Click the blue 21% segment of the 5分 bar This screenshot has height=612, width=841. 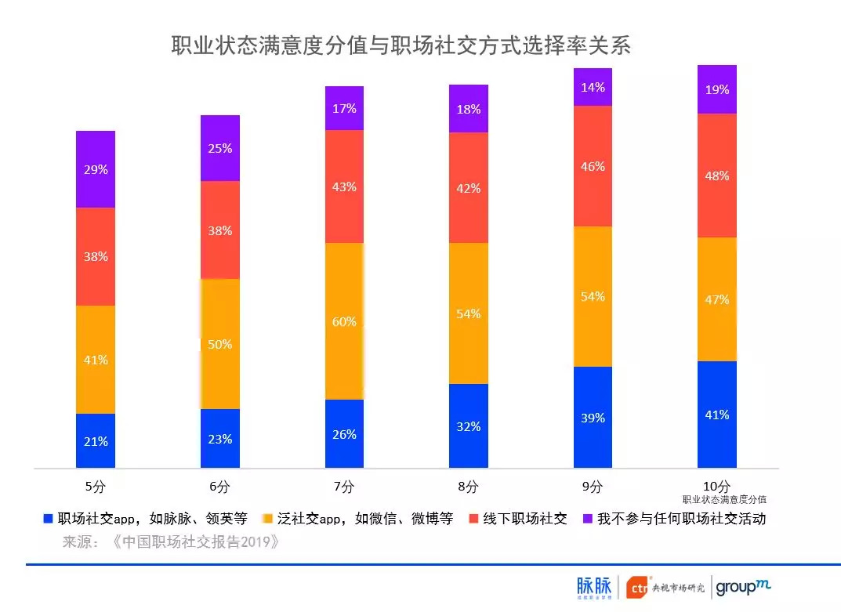click(96, 440)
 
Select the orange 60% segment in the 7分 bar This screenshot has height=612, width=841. click(344, 321)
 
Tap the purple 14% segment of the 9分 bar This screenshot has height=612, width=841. click(593, 87)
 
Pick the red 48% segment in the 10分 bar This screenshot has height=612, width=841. click(716, 176)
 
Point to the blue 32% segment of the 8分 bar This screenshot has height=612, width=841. click(469, 426)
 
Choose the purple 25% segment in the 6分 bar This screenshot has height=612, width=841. click(220, 148)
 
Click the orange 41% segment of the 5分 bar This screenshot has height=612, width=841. click(96, 360)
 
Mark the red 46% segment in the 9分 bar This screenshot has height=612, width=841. click(593, 166)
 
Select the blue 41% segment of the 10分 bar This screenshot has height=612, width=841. click(716, 415)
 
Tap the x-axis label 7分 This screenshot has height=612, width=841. click(344, 487)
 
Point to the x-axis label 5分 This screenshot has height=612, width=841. click(96, 487)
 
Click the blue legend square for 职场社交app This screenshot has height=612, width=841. click(49, 519)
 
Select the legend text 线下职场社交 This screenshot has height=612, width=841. click(524, 519)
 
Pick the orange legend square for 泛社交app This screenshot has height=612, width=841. click(267, 519)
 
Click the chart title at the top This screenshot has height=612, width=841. click(401, 45)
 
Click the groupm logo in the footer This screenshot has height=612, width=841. click(743, 586)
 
